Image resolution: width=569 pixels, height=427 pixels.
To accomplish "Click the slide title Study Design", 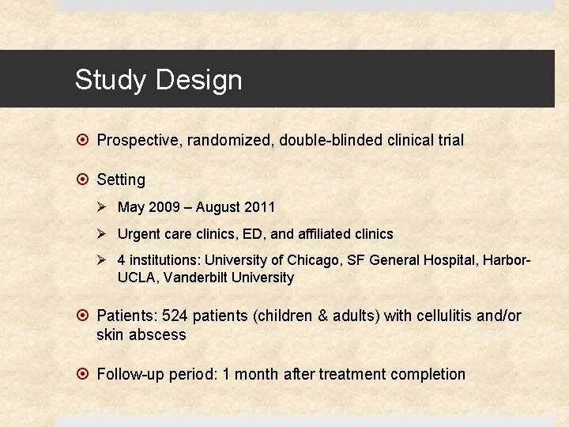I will tap(158, 80).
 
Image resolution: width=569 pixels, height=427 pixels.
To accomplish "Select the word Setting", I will tap(121, 180).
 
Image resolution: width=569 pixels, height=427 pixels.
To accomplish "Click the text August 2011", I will tap(236, 208).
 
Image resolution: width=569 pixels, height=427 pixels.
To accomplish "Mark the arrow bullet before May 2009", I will tap(102, 208).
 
